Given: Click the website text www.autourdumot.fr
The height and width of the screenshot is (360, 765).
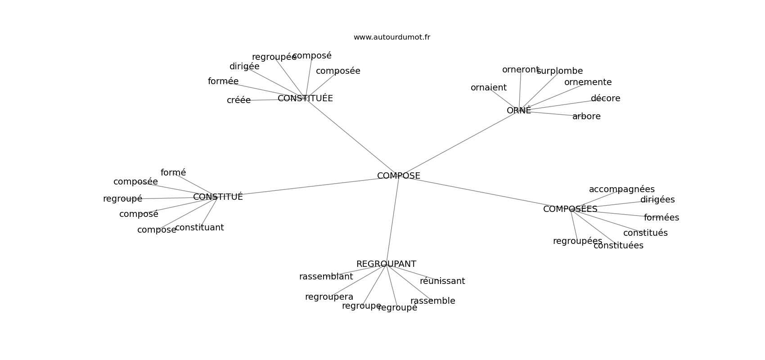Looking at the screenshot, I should tap(391, 37).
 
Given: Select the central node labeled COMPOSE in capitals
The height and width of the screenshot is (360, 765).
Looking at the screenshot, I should tap(398, 176).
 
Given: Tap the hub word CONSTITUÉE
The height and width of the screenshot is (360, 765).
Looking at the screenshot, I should tap(305, 99).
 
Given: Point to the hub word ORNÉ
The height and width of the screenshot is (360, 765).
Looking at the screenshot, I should tap(518, 111).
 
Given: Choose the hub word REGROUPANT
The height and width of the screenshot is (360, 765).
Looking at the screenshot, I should tap(386, 264).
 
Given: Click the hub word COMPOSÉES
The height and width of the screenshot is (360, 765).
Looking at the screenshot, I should tap(570, 209).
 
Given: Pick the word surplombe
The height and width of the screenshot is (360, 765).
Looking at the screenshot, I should tap(559, 71).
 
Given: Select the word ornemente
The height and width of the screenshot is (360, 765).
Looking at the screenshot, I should tap(588, 82).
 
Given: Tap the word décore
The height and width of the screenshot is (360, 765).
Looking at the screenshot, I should tap(605, 99).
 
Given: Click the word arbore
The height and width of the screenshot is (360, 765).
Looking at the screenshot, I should tap(586, 117).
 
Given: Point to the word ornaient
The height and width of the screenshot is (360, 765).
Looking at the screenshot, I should tap(488, 88).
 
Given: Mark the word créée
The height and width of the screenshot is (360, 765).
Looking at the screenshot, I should tap(238, 100).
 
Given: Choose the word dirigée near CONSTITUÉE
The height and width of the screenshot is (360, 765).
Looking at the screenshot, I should tap(244, 67).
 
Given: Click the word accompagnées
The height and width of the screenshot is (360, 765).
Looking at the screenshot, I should tap(621, 189).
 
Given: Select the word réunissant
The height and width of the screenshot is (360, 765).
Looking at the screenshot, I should tap(442, 281).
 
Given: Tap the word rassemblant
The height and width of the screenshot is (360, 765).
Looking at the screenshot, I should tap(326, 277).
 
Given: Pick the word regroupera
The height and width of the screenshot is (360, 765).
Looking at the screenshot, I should tap(329, 297).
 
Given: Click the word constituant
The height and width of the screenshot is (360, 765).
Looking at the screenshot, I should tap(199, 228).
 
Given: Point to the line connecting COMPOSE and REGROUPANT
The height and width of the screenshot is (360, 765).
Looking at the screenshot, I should tap(392, 220).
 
